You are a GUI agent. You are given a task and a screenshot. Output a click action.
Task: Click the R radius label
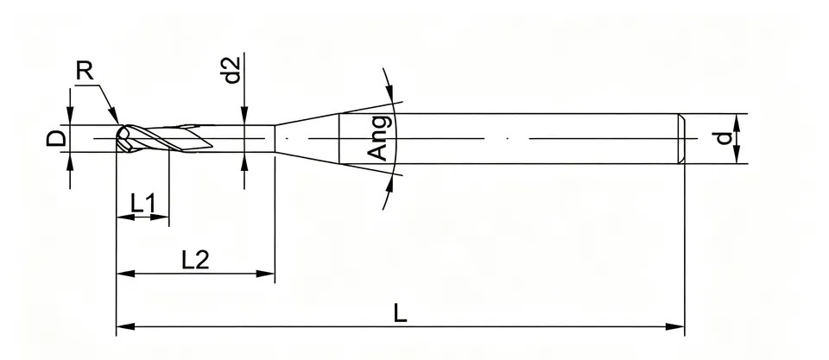[x=85, y=70]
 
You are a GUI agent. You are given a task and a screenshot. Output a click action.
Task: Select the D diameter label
[x=57, y=138]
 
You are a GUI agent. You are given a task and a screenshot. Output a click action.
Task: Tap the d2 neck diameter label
[x=232, y=70]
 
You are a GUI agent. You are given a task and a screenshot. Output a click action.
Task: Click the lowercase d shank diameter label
[x=724, y=138]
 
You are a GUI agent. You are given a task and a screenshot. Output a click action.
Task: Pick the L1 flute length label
[x=143, y=204]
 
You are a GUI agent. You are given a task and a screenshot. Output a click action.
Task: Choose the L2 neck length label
[x=196, y=260]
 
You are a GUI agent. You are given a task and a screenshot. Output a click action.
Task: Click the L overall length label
[x=400, y=314]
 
